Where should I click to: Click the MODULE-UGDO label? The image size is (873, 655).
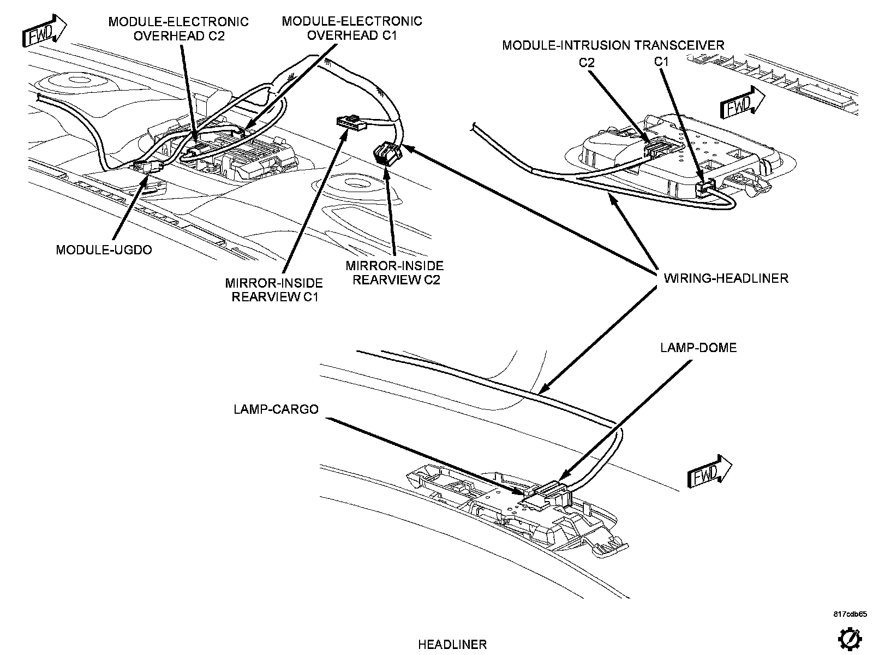[104, 250]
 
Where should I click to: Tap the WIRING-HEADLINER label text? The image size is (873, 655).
[726, 278]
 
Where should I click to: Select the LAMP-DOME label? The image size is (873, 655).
[698, 348]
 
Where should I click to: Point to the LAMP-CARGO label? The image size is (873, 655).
[276, 409]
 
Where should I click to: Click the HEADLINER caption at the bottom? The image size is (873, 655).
[452, 644]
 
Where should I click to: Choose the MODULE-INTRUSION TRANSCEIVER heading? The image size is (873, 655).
[613, 45]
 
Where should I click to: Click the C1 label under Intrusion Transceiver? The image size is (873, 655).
[661, 62]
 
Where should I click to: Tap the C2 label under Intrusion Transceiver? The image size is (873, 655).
[586, 62]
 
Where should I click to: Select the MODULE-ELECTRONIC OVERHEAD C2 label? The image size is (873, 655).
[178, 28]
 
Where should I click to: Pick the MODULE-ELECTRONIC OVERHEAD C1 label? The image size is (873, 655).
[352, 28]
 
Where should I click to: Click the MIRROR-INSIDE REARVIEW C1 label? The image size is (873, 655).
[274, 290]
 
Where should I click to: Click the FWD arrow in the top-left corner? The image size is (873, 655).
[44, 31]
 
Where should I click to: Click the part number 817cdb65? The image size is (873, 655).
[850, 614]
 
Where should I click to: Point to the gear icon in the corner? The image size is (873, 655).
[850, 640]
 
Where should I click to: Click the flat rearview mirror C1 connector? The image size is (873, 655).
[351, 123]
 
